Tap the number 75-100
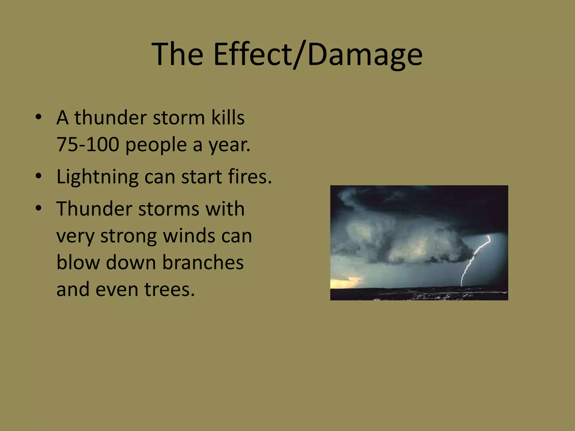88,145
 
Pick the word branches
203,262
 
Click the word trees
170,289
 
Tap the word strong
128,237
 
